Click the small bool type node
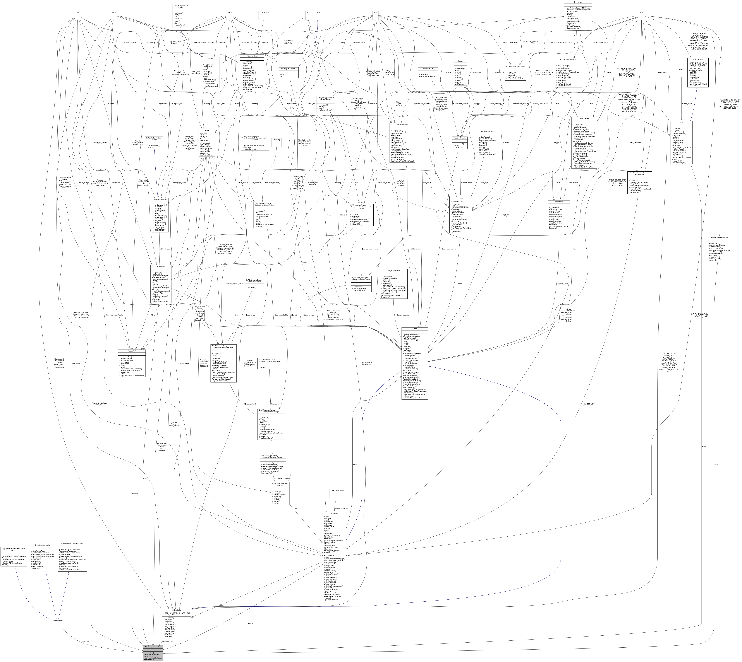(x=77, y=12)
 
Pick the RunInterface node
(x=264, y=12)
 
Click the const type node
(x=641, y=12)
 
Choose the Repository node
(x=277, y=140)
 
